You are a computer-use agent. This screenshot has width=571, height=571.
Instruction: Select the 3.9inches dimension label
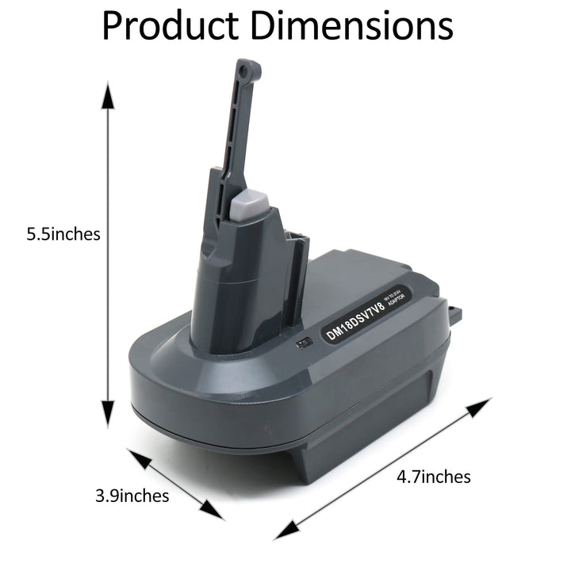[x=132, y=496]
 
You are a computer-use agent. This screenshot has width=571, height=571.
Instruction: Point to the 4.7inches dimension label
[x=434, y=477]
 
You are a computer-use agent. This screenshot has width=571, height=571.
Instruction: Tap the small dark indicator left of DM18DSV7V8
[x=302, y=344]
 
